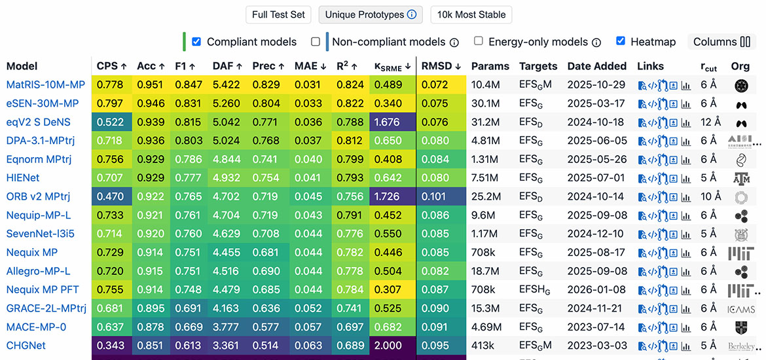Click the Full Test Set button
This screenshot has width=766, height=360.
(x=279, y=14)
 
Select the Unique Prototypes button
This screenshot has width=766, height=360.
(x=371, y=14)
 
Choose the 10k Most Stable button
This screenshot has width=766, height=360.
(x=472, y=14)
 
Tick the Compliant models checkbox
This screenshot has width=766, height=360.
(x=196, y=41)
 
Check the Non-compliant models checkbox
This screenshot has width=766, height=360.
(x=316, y=41)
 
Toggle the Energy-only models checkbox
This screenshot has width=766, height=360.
(x=479, y=41)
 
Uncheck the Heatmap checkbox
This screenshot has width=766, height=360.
(x=621, y=41)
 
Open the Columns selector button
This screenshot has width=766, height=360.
(x=721, y=42)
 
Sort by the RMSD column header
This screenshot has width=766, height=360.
(x=441, y=66)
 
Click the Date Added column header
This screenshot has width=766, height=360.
(x=596, y=66)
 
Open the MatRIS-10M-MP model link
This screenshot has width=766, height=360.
(x=46, y=85)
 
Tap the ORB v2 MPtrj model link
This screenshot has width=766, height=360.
(x=38, y=196)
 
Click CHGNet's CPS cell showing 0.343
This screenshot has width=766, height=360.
(x=112, y=346)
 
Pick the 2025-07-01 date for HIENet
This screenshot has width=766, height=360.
(x=596, y=178)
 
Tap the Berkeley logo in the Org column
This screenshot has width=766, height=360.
(x=742, y=346)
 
